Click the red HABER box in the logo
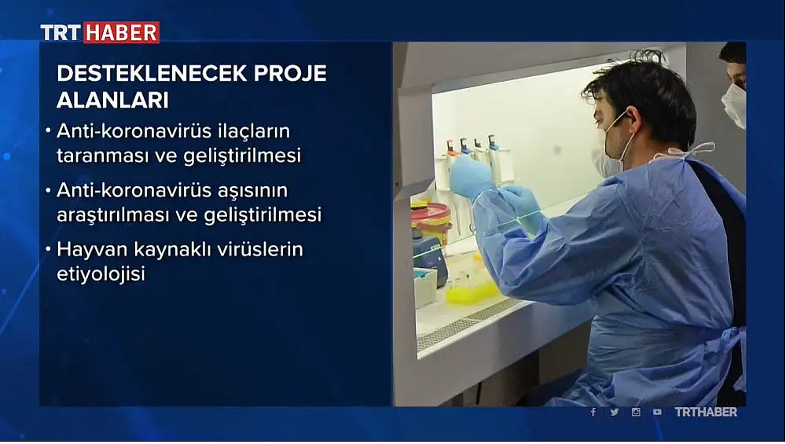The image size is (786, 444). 121,32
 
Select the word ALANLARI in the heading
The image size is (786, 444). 112,101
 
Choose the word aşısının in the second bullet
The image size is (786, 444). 252,191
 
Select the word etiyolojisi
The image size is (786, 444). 101,274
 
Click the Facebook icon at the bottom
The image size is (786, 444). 593,412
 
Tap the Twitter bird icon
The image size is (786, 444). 614,412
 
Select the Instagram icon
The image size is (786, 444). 636,412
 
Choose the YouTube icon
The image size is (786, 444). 657,412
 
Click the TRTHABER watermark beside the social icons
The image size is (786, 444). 706,412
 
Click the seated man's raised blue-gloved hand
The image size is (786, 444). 470,176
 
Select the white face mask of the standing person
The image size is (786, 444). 734,105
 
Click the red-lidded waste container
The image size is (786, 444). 431,221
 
